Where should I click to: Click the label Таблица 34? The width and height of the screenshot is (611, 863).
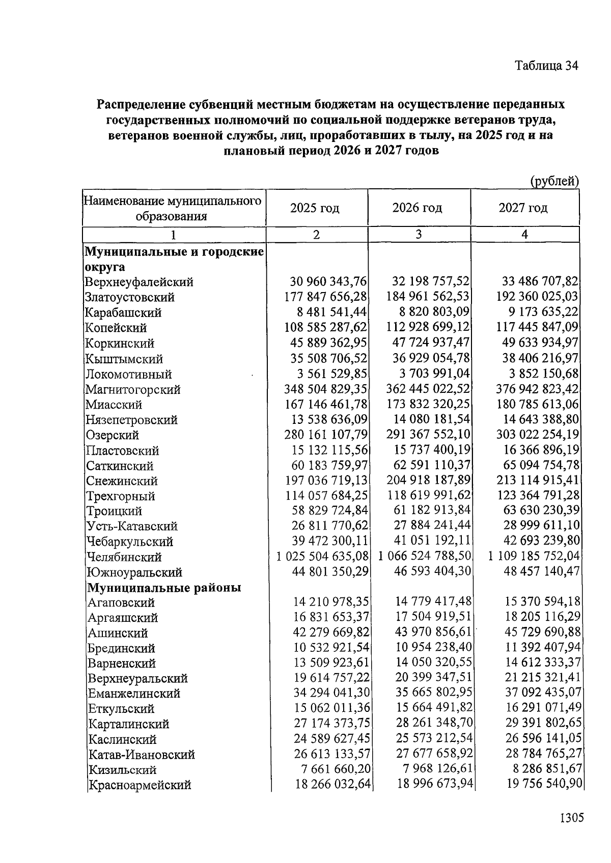(x=546, y=66)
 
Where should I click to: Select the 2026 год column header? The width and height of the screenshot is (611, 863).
(x=417, y=208)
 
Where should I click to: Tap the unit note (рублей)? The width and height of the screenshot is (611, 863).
(x=554, y=181)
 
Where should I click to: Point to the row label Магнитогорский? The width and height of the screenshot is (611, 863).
(x=133, y=390)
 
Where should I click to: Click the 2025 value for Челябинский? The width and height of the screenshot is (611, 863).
(x=322, y=556)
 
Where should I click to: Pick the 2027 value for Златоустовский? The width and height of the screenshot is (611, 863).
(x=538, y=296)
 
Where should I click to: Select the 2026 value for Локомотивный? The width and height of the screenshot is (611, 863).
(x=434, y=373)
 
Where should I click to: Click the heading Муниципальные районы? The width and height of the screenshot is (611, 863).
(x=164, y=588)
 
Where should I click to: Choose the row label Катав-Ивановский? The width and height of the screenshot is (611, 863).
(x=142, y=755)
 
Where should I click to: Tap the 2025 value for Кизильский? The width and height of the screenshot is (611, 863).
(x=331, y=769)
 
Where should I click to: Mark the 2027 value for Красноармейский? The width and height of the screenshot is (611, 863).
(x=544, y=784)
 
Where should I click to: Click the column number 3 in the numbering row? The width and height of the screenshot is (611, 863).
(x=419, y=234)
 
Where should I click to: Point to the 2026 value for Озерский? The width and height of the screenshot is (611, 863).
(x=432, y=435)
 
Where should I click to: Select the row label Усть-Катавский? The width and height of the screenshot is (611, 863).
(x=131, y=526)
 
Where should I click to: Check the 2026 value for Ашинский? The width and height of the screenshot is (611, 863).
(x=434, y=632)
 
